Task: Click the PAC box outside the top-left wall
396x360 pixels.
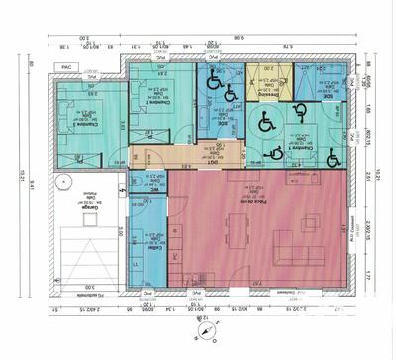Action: (x=68, y=68)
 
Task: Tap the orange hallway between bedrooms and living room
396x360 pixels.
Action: (x=178, y=156)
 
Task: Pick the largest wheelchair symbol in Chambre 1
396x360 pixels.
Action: (x=265, y=123)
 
